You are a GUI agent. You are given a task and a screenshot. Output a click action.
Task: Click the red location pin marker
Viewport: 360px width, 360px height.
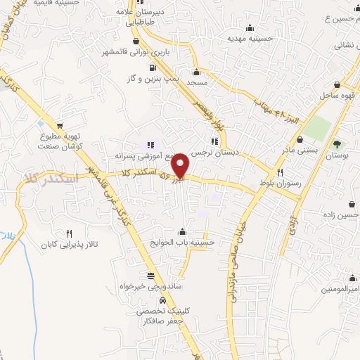[x=181, y=165]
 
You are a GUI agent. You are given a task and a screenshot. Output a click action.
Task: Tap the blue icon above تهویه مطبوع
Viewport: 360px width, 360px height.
[x=40, y=124]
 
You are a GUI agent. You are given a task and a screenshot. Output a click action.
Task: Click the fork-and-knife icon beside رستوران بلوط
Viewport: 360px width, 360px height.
[x=280, y=172]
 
